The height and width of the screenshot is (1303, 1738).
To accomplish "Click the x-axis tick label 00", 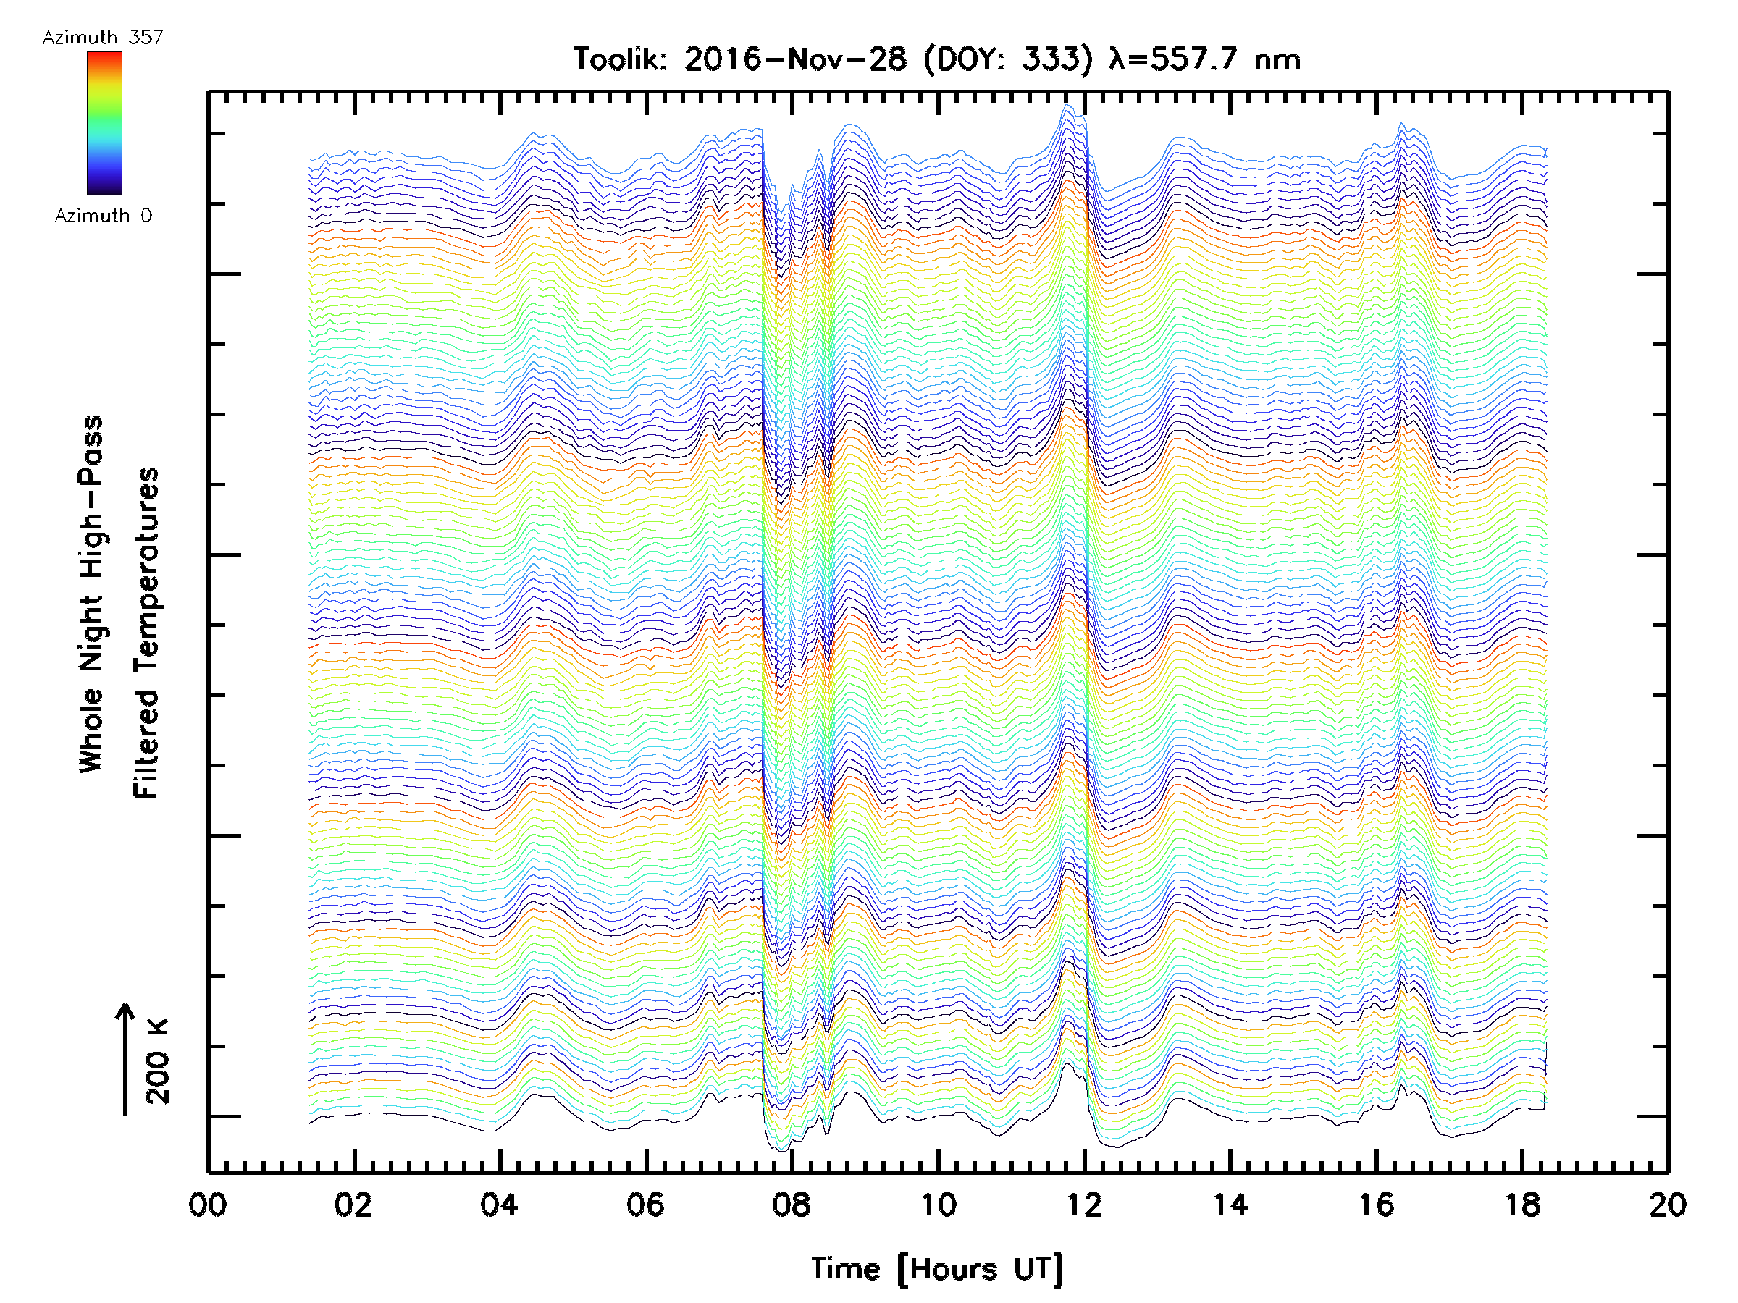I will point(209,1205).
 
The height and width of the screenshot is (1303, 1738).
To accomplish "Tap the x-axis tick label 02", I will point(353,1205).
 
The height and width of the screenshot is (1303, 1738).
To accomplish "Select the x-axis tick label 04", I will point(500,1205).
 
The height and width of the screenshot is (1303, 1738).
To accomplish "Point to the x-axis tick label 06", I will point(646,1205).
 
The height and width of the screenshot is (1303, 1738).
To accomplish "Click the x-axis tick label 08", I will point(792,1205).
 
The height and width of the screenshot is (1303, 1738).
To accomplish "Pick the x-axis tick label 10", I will point(938,1205).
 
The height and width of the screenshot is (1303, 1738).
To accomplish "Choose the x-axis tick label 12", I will point(1084,1205).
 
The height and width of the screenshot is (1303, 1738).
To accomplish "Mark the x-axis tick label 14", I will point(1230,1205).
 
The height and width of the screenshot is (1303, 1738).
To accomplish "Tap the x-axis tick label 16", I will point(1377,1205).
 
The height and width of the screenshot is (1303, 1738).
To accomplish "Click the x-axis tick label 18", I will point(1523,1205).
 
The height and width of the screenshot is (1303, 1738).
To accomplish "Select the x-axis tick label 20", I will point(1668,1205).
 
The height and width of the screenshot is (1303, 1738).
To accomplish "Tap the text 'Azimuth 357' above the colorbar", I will point(103,38).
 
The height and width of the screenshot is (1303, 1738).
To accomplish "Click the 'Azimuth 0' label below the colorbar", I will point(103,216).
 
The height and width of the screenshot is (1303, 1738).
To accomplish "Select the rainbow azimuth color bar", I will point(104,123).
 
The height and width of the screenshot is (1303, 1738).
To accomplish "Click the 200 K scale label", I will point(158,1061).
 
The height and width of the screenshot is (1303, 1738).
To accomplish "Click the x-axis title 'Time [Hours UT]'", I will point(937,1269).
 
